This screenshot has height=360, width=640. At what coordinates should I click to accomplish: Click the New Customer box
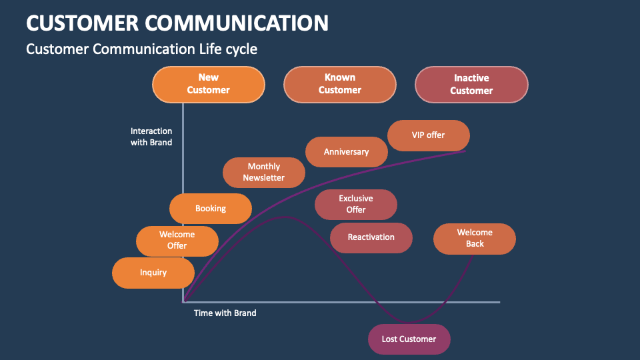coord(208,84)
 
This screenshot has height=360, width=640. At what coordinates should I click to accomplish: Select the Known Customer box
coord(339,84)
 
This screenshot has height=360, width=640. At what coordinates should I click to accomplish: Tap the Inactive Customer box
coord(471,85)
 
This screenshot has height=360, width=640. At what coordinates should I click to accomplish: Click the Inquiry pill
coord(153,273)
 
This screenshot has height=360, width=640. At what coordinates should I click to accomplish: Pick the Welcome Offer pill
coord(177,241)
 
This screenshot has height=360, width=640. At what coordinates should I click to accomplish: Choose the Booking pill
coord(211,209)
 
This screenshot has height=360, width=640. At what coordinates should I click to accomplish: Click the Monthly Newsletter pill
coord(263,172)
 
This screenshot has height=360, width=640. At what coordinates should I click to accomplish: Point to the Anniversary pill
coord(346,152)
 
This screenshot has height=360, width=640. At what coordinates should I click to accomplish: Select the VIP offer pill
coord(428,135)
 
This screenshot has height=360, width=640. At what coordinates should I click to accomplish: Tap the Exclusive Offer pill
coord(355,204)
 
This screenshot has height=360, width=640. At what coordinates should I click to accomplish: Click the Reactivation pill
coord(371,237)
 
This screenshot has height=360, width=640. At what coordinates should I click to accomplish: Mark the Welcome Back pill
coord(475,238)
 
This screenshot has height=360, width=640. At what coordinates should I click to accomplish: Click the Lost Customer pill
coord(409,339)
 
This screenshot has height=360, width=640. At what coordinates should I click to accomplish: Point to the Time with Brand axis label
coord(225,313)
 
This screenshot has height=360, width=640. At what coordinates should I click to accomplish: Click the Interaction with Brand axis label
coord(151,137)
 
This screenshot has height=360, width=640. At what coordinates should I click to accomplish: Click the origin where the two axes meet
coord(183,302)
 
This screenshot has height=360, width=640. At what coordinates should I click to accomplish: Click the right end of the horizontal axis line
coord(498,302)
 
